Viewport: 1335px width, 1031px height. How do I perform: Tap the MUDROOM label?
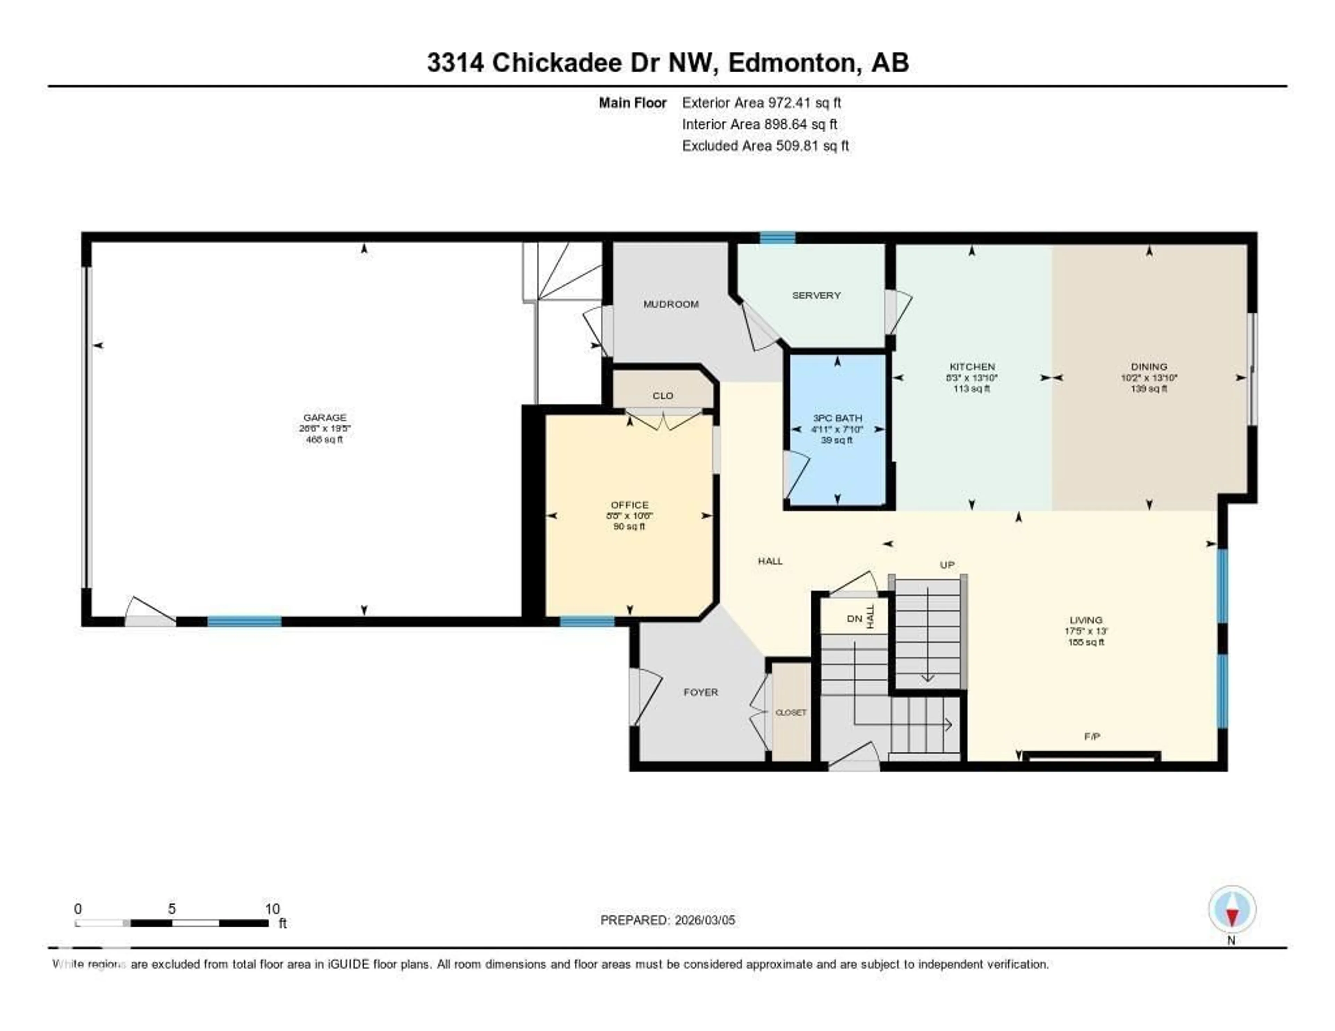click(x=671, y=304)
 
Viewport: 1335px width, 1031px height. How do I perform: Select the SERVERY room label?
click(x=816, y=295)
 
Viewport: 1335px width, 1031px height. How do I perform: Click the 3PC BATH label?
click(x=837, y=418)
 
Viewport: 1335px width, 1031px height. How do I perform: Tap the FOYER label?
click(x=701, y=692)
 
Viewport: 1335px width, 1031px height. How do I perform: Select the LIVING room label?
click(x=1086, y=620)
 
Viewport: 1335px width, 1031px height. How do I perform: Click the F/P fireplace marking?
click(x=1092, y=737)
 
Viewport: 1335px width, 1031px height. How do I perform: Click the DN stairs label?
click(x=854, y=618)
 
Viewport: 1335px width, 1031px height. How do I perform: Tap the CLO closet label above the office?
click(x=663, y=396)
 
